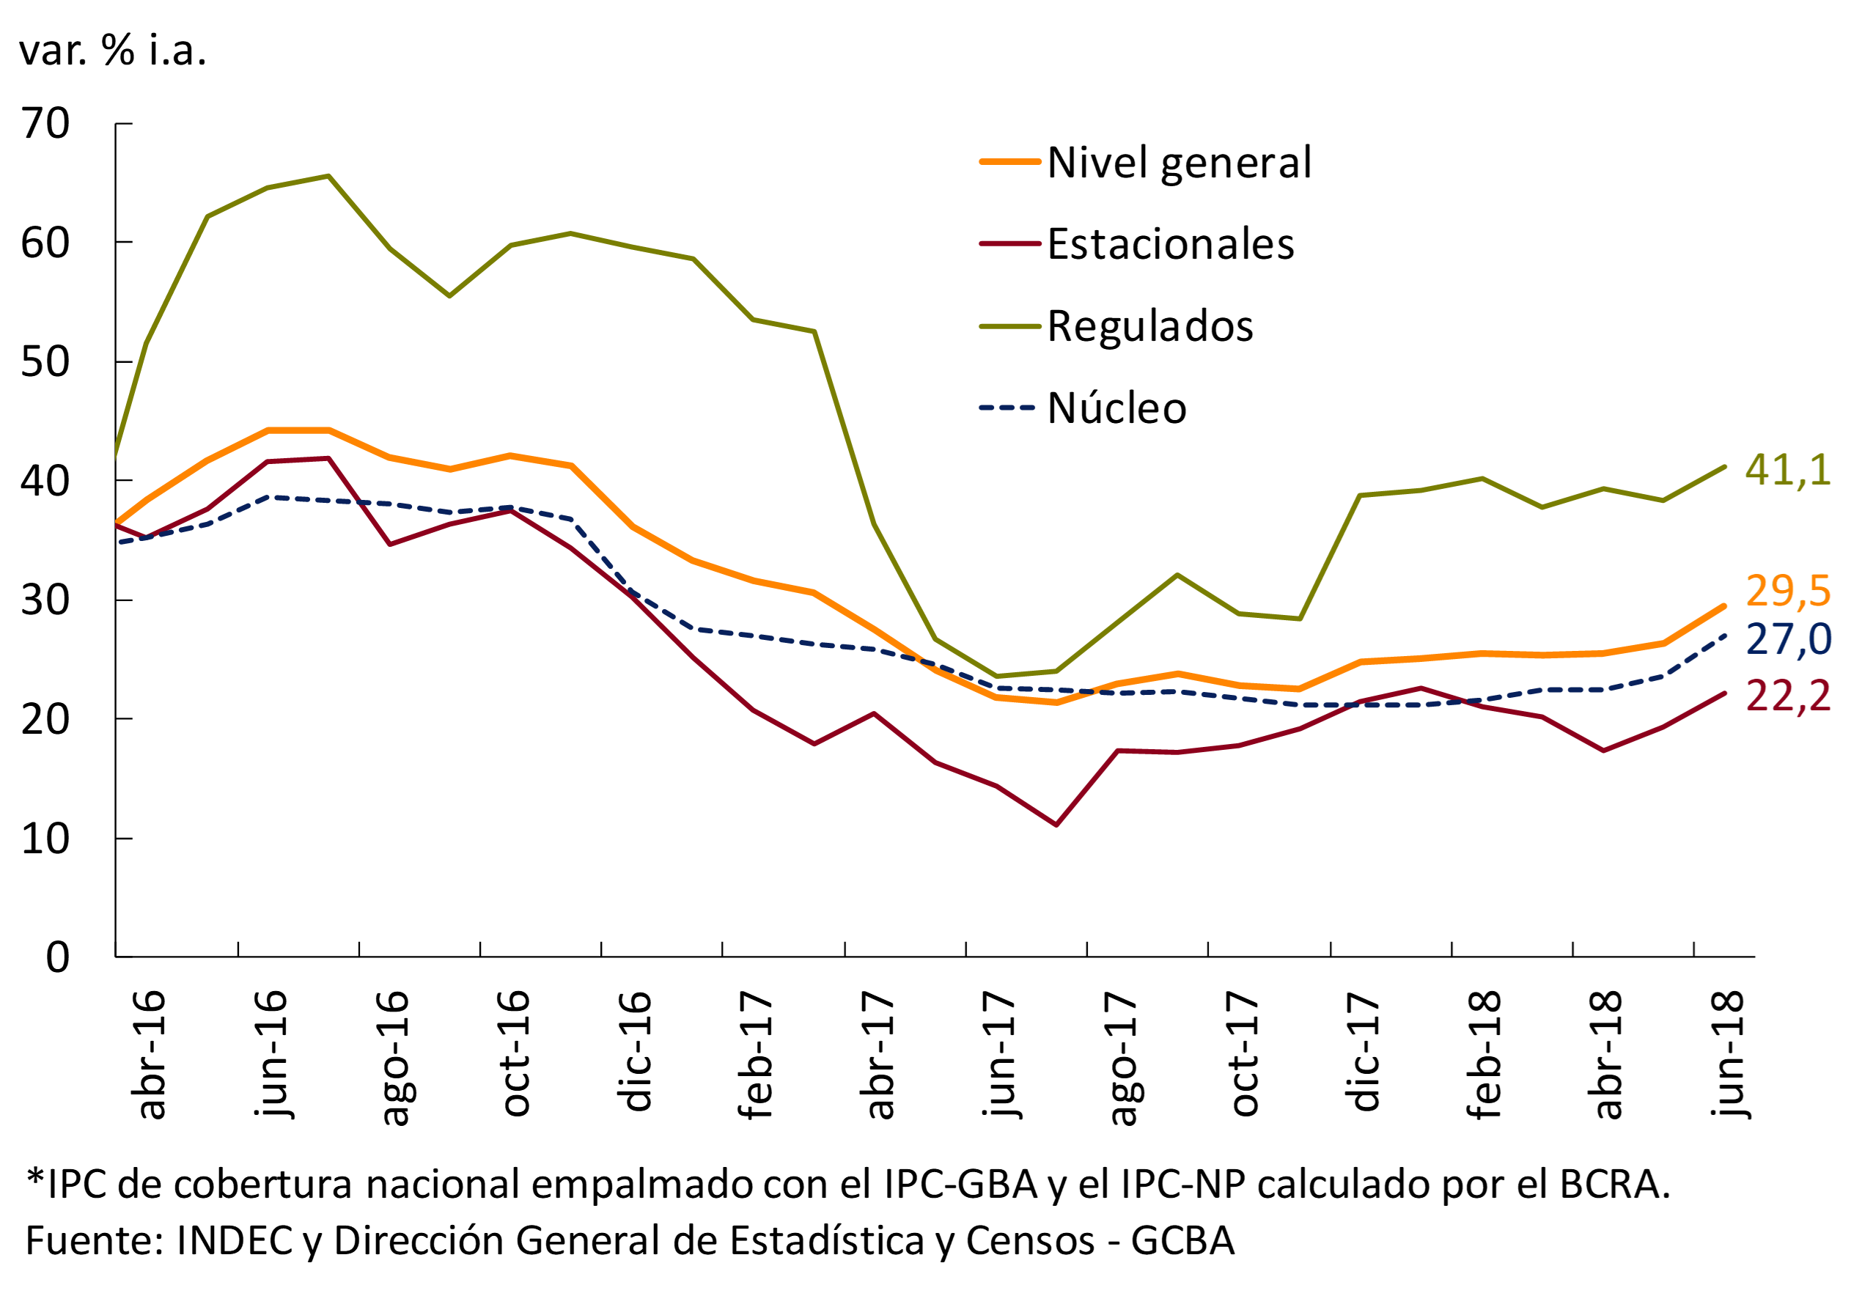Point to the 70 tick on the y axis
tap(45, 124)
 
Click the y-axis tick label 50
tap(45, 362)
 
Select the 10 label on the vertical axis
tap(45, 839)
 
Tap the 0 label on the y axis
tap(56, 957)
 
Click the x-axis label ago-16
tap(394, 1057)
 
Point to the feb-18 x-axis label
tap(1484, 1054)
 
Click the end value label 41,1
tap(1787, 469)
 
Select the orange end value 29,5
tap(1787, 590)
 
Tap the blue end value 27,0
tap(1787, 640)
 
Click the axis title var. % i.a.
tap(113, 51)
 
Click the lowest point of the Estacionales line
tap(1056, 825)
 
